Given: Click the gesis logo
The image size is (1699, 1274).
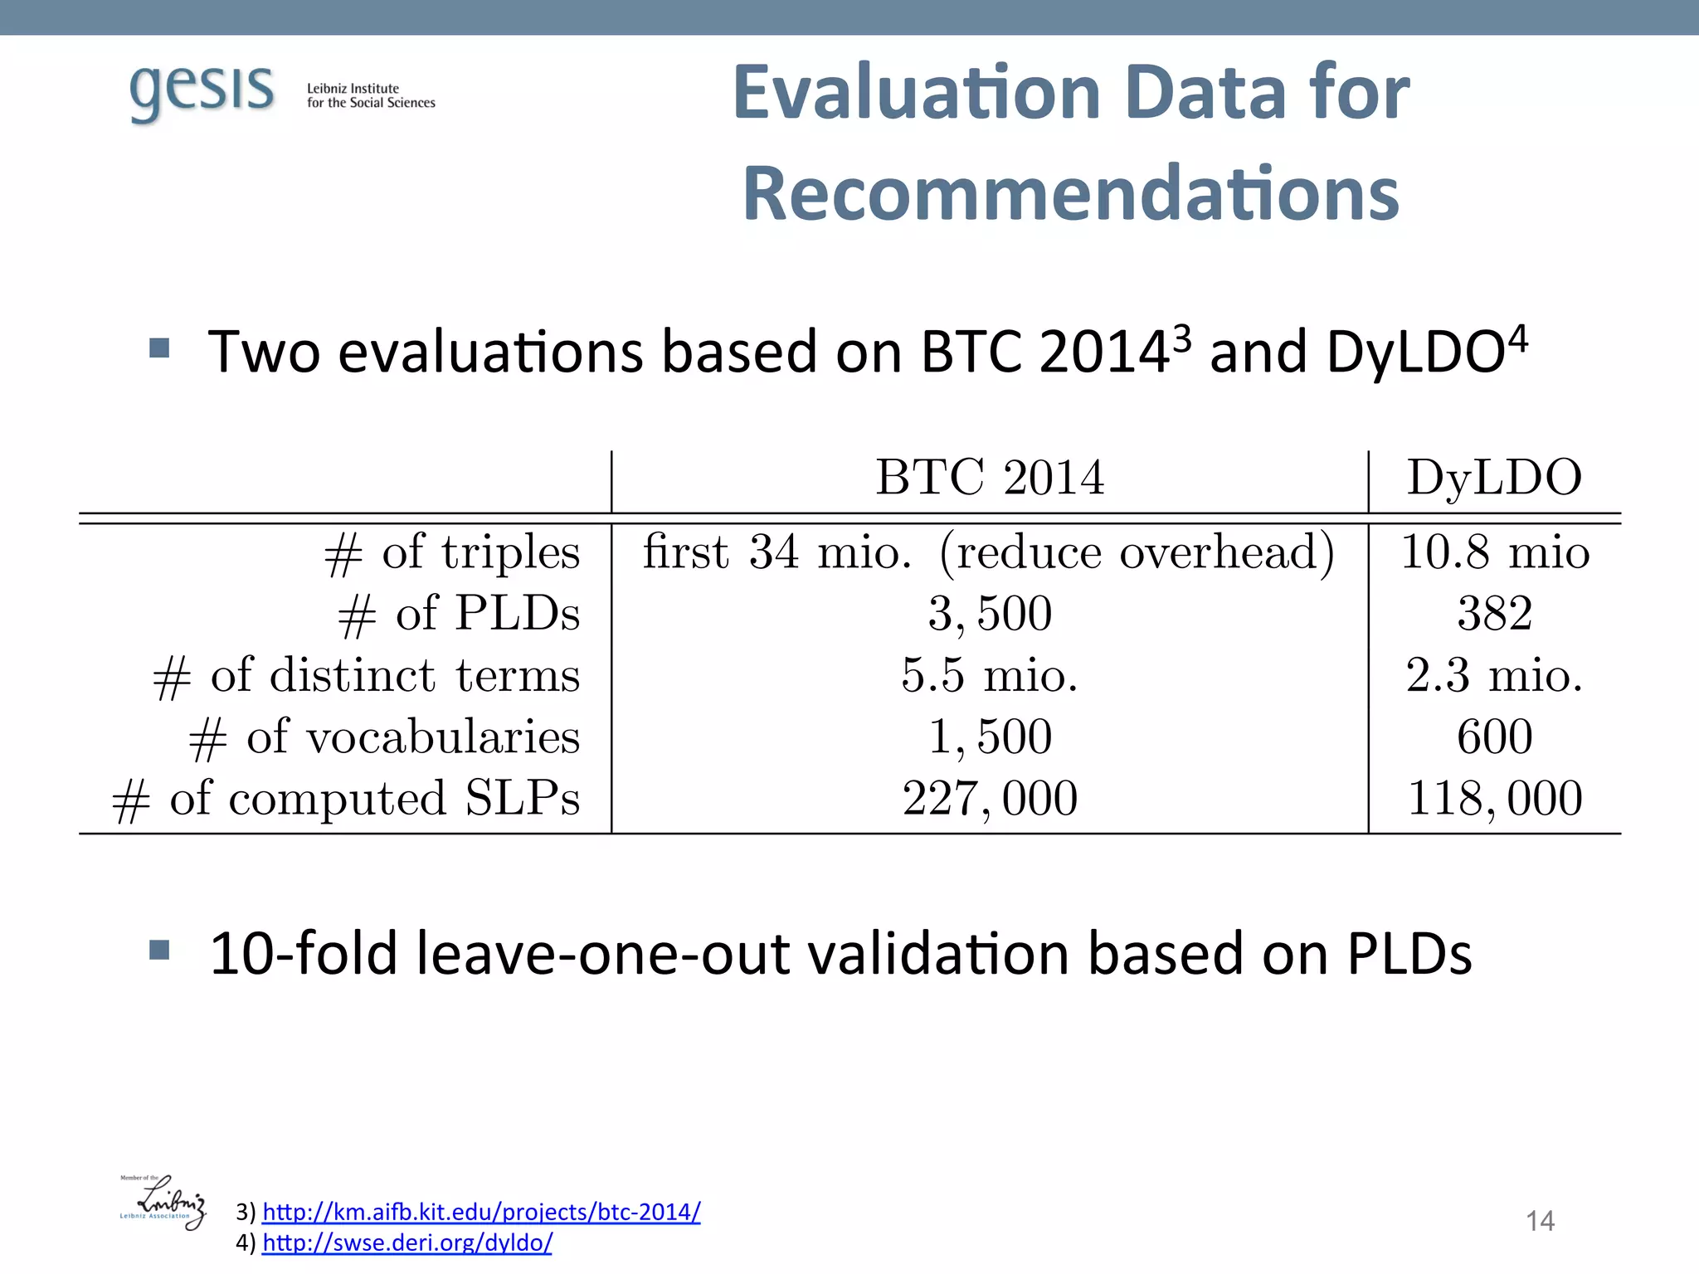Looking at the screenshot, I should tap(202, 93).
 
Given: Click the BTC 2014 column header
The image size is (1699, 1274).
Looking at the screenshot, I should tap(990, 478).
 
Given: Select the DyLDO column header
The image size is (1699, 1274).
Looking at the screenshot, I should tap(1494, 478).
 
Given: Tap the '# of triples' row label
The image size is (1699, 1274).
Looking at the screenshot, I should tap(452, 552).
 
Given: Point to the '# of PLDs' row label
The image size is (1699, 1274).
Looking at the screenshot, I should tap(459, 615).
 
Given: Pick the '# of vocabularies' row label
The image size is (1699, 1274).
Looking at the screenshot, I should tap(384, 737).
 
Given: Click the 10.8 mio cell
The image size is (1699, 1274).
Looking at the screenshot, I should tap(1495, 552).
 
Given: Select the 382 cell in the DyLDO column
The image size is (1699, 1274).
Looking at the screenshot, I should tap(1494, 615).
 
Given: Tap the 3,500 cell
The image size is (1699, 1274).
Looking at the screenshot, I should tap(990, 615).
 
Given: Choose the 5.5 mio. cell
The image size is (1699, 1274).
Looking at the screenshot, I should tap(990, 676).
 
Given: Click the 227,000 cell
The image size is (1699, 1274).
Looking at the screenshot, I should tap(990, 799).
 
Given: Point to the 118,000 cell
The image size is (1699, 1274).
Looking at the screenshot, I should tap(1495, 799).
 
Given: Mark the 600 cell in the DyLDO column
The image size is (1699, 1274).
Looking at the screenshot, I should tap(1494, 737).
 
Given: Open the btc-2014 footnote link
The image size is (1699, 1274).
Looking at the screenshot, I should tap(481, 1212).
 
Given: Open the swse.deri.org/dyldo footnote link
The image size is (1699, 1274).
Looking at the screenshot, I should tap(406, 1242).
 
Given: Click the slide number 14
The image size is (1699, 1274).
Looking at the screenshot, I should tap(1540, 1221).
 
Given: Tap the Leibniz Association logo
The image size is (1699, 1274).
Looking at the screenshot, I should tap(163, 1202).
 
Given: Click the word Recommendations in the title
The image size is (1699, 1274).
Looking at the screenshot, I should tap(1071, 194).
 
